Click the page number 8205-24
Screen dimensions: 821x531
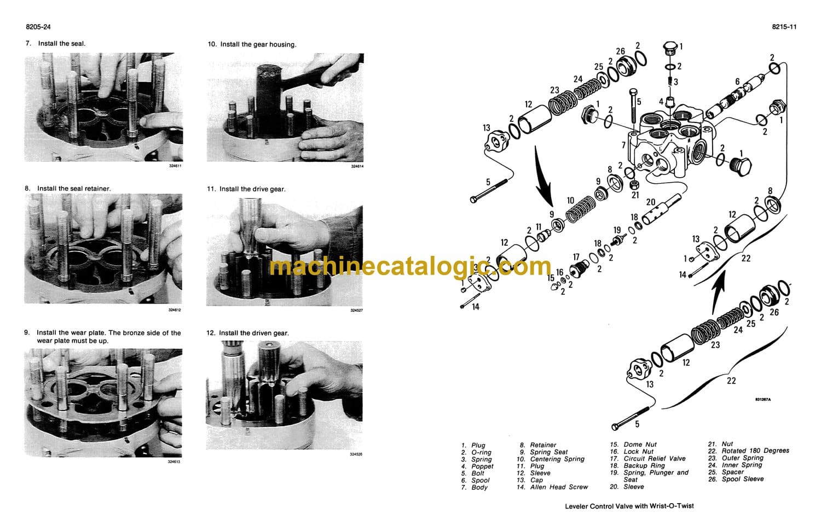[38, 27]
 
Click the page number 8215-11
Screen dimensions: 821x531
[784, 27]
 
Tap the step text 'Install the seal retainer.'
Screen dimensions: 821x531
[74, 189]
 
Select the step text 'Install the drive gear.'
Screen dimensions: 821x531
[252, 189]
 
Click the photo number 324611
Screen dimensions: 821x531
[175, 166]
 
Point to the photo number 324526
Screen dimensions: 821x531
[356, 454]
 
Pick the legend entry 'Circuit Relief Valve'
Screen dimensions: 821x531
[655, 458]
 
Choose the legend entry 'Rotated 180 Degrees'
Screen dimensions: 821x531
[755, 451]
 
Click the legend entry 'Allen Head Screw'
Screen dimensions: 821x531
[559, 487]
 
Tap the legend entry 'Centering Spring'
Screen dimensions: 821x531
[557, 459]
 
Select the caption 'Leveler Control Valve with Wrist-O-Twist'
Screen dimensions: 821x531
[629, 506]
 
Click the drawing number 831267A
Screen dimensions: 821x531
[763, 400]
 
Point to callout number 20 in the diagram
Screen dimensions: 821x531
[651, 202]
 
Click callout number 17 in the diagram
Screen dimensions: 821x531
[576, 257]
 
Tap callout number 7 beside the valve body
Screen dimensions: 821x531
[623, 145]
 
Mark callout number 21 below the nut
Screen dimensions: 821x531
[635, 195]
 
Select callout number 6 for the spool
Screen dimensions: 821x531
[737, 81]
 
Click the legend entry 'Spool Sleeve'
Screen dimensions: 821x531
[743, 479]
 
